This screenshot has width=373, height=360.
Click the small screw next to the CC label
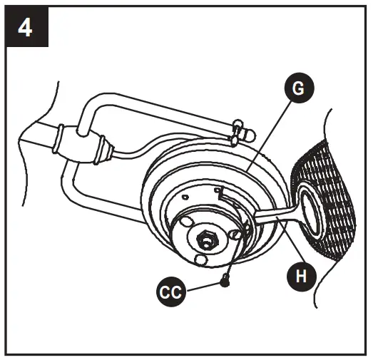point(226,281)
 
